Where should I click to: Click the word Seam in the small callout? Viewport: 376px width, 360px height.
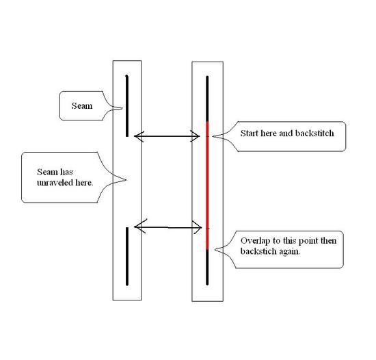pos(82,106)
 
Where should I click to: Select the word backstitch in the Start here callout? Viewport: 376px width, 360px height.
pos(314,133)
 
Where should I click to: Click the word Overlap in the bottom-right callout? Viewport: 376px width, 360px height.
pos(256,241)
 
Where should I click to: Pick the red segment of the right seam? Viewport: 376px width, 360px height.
pos(207,185)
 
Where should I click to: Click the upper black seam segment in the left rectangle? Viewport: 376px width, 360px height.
pos(127,106)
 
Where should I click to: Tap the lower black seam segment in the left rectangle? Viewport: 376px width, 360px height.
pos(127,257)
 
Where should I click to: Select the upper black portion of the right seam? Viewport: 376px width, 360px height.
pos(207,99)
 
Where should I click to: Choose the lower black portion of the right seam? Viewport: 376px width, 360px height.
pos(207,268)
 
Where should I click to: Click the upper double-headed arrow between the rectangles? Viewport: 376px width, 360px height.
pos(167,136)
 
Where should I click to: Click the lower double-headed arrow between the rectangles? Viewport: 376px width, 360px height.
pos(168,227)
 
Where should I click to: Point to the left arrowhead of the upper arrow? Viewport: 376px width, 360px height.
pos(134,136)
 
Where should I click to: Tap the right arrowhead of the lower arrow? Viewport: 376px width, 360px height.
pos(202,227)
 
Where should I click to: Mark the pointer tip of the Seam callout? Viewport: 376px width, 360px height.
pos(122,108)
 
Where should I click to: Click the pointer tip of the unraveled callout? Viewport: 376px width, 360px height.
pos(126,180)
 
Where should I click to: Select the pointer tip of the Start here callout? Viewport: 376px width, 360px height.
pos(213,136)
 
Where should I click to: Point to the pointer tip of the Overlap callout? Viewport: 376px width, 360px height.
pos(215,250)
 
